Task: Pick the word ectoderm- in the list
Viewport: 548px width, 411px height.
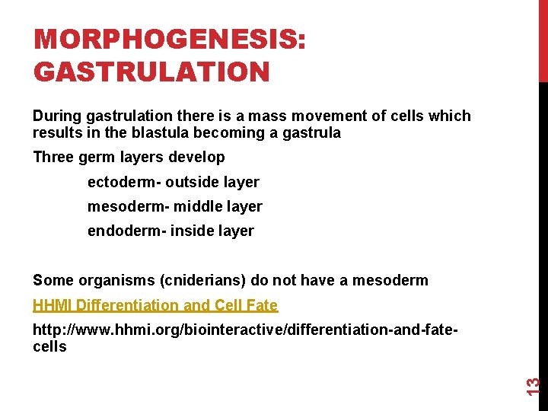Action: click(124, 182)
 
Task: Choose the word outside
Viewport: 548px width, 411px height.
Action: click(190, 182)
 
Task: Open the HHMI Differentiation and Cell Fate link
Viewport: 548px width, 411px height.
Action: click(155, 305)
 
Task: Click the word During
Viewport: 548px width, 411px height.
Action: click(58, 116)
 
